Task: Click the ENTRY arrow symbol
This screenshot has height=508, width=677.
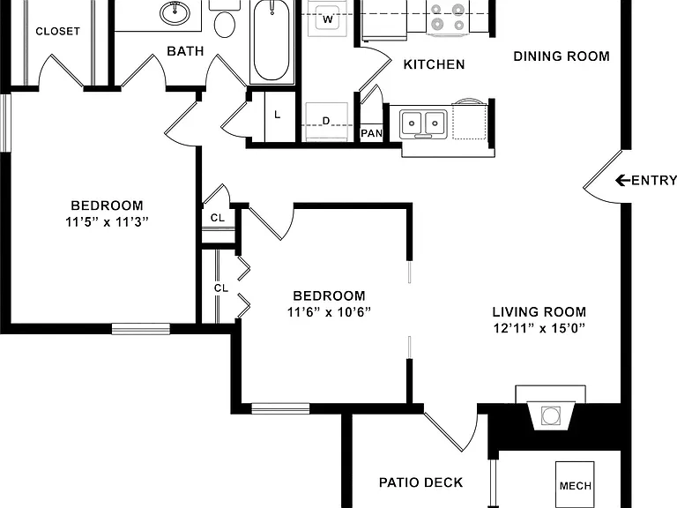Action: pyautogui.click(x=622, y=180)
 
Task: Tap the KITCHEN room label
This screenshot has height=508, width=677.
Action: pyautogui.click(x=434, y=64)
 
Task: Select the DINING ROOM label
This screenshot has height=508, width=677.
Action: pyautogui.click(x=562, y=56)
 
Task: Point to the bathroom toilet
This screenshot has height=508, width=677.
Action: pyautogui.click(x=224, y=19)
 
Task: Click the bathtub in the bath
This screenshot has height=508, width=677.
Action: pyautogui.click(x=272, y=41)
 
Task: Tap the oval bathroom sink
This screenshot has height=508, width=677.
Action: pyautogui.click(x=175, y=12)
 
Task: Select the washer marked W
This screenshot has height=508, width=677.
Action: pyautogui.click(x=328, y=19)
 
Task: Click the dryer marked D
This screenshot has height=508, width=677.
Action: pyautogui.click(x=326, y=122)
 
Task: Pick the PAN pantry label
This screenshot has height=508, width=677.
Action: pyautogui.click(x=372, y=133)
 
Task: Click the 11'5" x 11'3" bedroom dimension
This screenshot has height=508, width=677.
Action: pyautogui.click(x=107, y=222)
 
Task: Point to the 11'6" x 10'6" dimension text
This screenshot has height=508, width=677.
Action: pyautogui.click(x=329, y=312)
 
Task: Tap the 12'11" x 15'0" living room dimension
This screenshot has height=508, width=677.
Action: pyautogui.click(x=539, y=328)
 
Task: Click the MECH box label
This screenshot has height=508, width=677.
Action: pyautogui.click(x=575, y=486)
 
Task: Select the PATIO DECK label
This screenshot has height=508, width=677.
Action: pyautogui.click(x=421, y=482)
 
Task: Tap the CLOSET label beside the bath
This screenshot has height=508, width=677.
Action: pyautogui.click(x=58, y=31)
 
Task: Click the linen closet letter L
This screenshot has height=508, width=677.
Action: pyautogui.click(x=277, y=115)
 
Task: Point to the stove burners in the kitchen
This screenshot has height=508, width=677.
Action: pyautogui.click(x=447, y=17)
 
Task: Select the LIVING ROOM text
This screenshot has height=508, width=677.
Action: pyautogui.click(x=539, y=312)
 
